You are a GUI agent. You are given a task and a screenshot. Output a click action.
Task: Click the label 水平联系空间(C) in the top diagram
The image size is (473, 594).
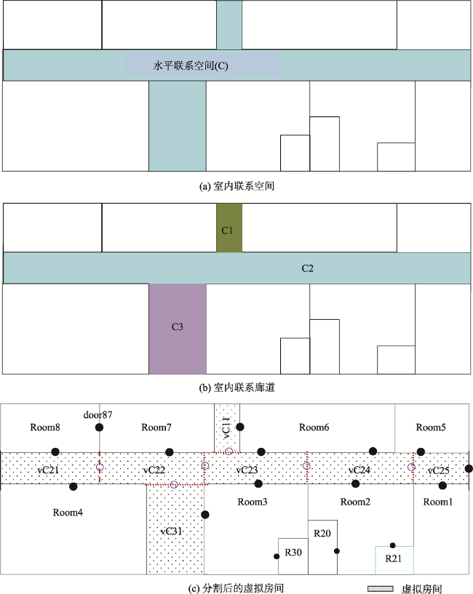[191, 66]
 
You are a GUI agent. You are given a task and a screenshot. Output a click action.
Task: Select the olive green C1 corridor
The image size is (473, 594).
[229, 228]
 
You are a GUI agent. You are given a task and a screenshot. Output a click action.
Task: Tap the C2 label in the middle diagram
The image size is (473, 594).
[308, 268]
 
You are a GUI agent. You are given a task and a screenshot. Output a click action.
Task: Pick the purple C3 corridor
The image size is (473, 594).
[178, 329]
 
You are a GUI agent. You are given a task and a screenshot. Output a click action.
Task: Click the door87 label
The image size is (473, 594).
[98, 415]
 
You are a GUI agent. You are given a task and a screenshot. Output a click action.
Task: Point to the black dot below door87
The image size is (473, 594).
[99, 428]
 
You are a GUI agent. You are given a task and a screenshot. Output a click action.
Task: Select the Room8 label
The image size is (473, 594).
[45, 428]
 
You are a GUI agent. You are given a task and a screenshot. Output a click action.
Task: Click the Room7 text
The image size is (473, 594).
[156, 428]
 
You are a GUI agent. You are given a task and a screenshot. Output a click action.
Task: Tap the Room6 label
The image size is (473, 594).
[314, 428]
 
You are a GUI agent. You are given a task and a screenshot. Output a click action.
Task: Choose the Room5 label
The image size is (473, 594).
[431, 428]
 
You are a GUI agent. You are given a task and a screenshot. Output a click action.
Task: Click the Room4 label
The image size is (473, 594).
[68, 513]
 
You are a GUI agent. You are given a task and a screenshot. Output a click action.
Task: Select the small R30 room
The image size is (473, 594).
[293, 556]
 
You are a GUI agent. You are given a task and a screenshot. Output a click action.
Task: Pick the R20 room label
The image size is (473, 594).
[322, 534]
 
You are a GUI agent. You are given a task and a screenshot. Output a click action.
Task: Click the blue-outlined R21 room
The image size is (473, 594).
[394, 561]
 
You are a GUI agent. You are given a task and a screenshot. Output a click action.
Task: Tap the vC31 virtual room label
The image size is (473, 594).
[172, 531]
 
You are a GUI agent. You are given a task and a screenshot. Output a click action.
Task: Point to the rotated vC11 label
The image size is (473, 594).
[226, 428]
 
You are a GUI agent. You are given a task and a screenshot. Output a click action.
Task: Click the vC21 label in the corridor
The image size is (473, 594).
[48, 470]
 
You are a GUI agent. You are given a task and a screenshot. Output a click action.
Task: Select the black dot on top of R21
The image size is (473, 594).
[392, 545]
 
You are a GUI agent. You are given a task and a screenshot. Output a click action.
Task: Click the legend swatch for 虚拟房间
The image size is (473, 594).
[381, 589]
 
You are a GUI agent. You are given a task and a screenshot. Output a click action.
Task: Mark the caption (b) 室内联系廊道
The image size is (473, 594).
[236, 388]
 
